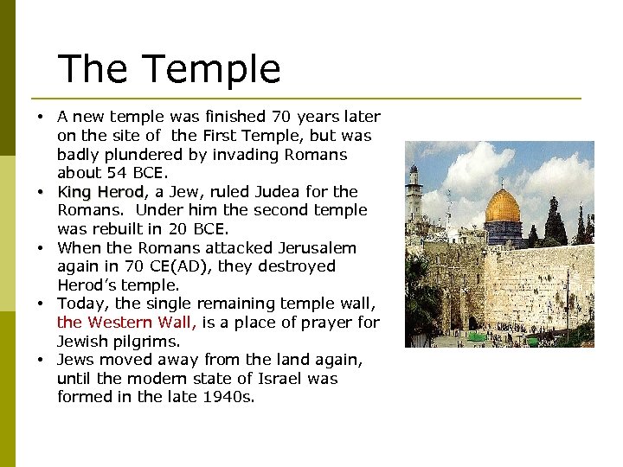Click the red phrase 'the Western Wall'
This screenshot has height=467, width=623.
pyautogui.click(x=126, y=323)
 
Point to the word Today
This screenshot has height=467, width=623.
pyautogui.click(x=83, y=304)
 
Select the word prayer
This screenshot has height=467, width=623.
pyautogui.click(x=324, y=323)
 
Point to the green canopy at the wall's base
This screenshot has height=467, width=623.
pyautogui.click(x=474, y=336)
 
